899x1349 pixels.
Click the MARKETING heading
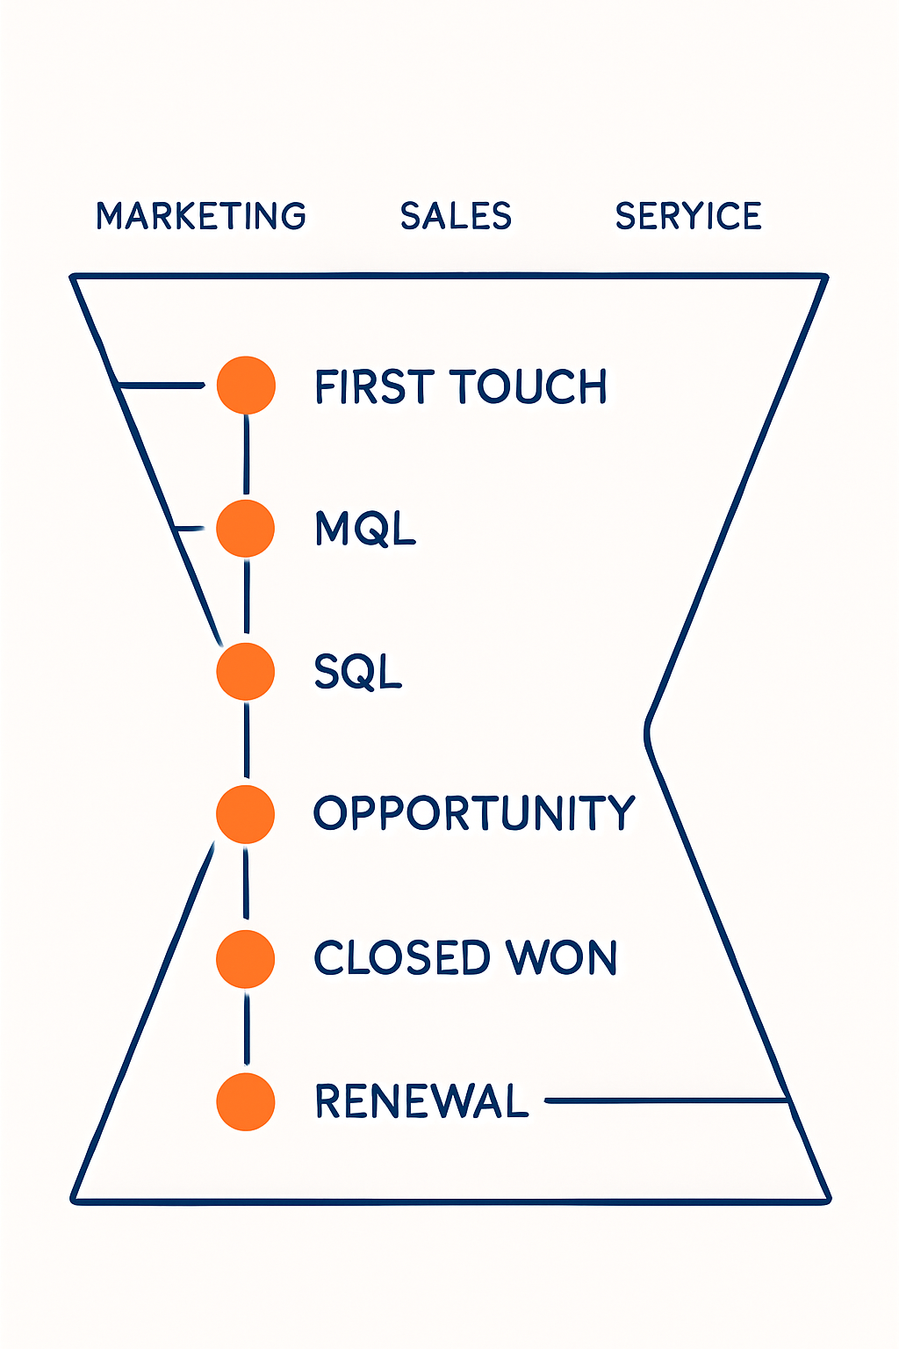(x=201, y=216)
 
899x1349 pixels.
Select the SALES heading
(x=456, y=216)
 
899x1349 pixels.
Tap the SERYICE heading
(x=688, y=216)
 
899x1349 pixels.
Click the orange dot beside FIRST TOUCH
(x=246, y=385)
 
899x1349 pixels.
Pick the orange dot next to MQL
(x=246, y=528)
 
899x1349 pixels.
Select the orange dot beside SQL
(x=246, y=671)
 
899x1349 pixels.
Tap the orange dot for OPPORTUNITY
(x=246, y=814)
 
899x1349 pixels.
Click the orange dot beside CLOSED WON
(x=246, y=958)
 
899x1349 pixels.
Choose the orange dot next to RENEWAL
(x=246, y=1101)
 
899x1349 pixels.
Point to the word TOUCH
(x=529, y=386)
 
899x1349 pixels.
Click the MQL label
(x=365, y=529)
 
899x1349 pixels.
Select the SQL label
(x=358, y=672)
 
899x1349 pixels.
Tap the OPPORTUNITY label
(x=474, y=813)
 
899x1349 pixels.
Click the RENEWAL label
(x=421, y=1101)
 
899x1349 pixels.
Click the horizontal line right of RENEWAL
(x=665, y=1100)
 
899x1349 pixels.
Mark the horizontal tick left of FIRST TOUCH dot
(x=162, y=385)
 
